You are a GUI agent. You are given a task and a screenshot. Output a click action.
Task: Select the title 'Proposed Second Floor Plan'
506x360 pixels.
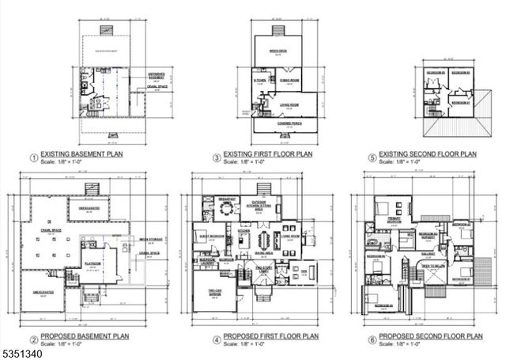pos(430,335)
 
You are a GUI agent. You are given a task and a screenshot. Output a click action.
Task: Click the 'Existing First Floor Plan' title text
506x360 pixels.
pos(262,154)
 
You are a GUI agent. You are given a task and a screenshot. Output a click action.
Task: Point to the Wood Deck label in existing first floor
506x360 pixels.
pos(277,51)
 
